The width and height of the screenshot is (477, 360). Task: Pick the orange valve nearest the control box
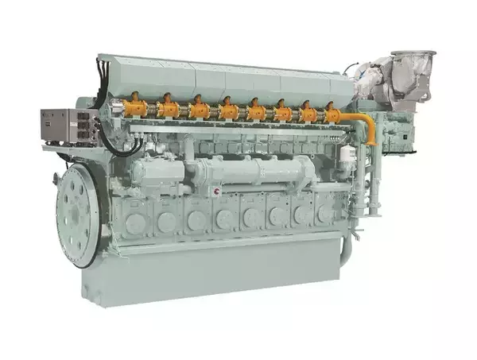coord(136,105)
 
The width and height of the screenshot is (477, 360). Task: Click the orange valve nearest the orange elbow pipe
coord(332,114)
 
